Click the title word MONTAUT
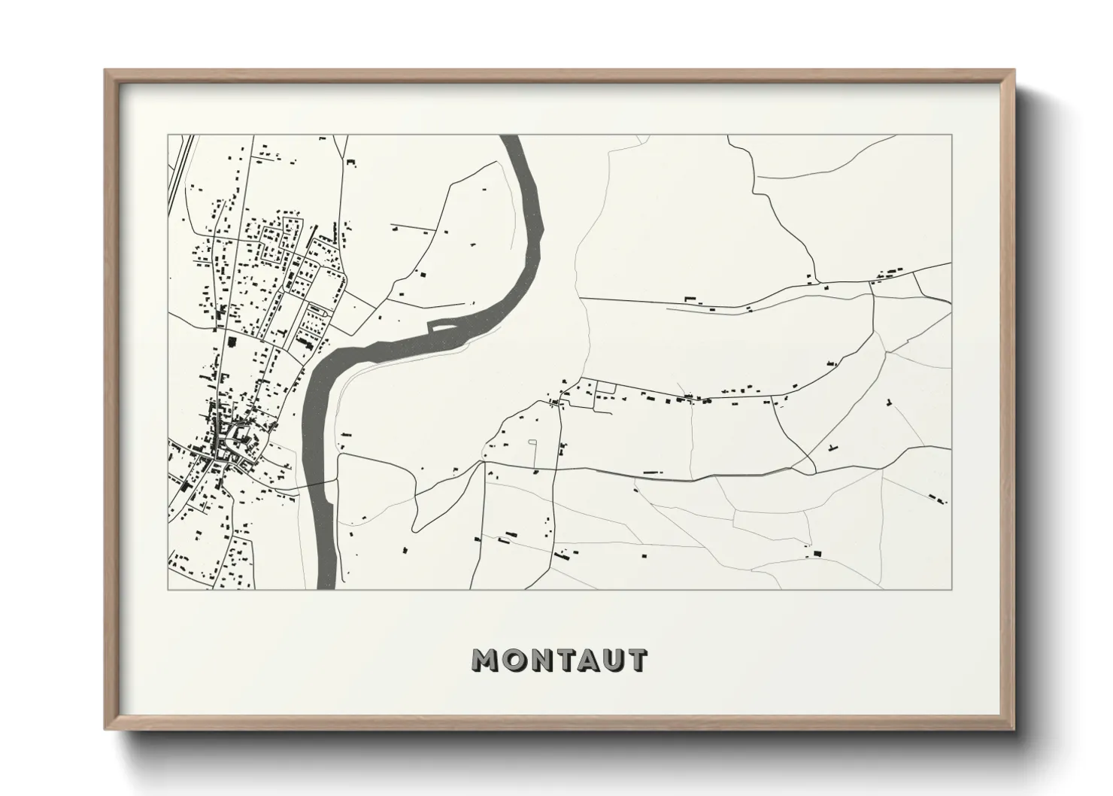point(559,660)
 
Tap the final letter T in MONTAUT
point(635,660)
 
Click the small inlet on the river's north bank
point(441,326)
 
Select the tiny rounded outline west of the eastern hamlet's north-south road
point(532,442)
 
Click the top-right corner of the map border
point(951,135)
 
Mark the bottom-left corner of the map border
point(168,588)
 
